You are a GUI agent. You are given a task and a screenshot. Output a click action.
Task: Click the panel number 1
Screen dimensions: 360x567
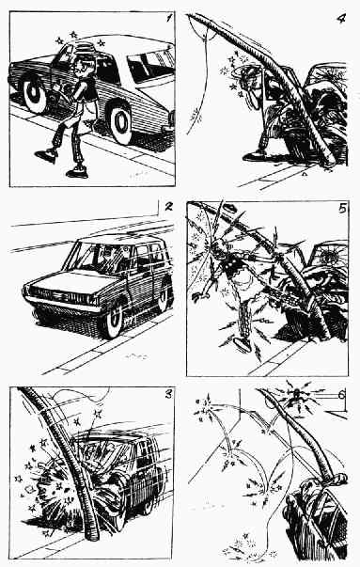click(169, 17)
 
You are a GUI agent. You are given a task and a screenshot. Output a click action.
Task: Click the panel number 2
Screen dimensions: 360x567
click(168, 207)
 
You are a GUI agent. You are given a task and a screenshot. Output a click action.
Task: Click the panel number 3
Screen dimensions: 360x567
click(168, 395)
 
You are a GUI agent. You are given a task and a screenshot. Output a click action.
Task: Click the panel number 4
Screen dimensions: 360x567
click(340, 19)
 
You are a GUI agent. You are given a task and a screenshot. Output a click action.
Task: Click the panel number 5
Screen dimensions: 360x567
click(343, 209)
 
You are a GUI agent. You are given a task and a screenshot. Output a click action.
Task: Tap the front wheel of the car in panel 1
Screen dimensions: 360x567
click(121, 122)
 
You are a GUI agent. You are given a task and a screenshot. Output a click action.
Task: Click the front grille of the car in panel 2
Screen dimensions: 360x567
click(61, 296)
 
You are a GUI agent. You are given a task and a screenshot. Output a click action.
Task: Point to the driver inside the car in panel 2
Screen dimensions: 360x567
click(108, 258)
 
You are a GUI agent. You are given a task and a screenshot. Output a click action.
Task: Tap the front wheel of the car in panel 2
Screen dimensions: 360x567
click(113, 320)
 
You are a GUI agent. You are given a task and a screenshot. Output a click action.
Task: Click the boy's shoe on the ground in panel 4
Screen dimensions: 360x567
click(254, 156)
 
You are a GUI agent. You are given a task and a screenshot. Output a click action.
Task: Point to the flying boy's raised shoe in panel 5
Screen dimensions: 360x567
click(243, 344)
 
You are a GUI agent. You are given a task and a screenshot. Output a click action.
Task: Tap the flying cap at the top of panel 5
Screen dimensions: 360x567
click(229, 208)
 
